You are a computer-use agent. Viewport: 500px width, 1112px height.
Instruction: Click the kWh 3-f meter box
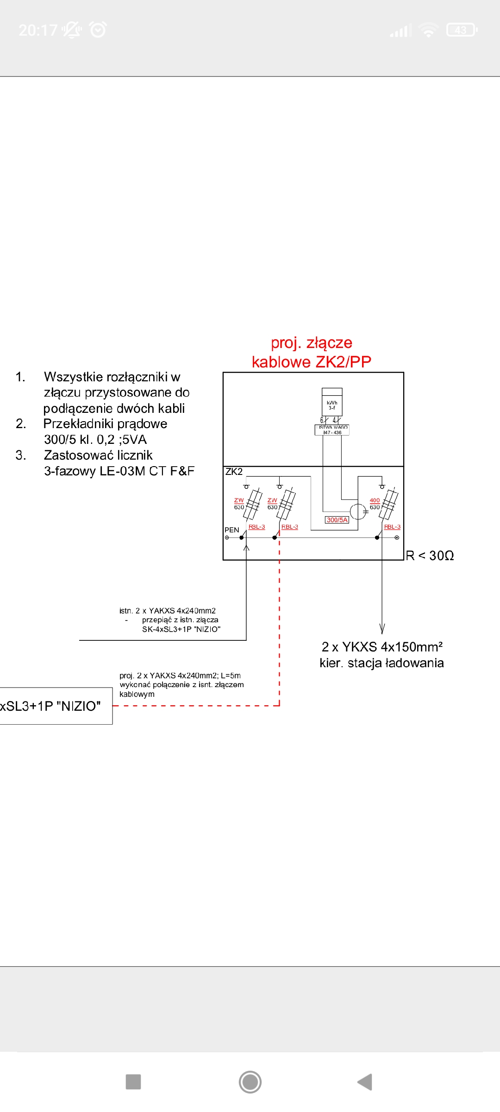pyautogui.click(x=332, y=402)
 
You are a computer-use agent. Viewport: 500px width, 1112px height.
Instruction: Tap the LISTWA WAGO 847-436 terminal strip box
pyautogui.click(x=332, y=430)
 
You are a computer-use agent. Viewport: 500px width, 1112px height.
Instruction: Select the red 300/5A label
pyautogui.click(x=337, y=520)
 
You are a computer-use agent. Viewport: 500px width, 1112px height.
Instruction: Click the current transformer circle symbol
pyautogui.click(x=358, y=512)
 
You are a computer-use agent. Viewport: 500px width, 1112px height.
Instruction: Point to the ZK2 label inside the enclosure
pyautogui.click(x=234, y=472)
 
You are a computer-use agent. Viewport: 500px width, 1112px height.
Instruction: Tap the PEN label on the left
pyautogui.click(x=231, y=530)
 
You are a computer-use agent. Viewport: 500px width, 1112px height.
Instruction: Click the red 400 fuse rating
pyautogui.click(x=375, y=500)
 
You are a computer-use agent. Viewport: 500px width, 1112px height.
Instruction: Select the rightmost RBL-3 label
pyautogui.click(x=392, y=527)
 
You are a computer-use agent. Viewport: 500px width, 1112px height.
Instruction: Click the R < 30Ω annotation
pyautogui.click(x=430, y=556)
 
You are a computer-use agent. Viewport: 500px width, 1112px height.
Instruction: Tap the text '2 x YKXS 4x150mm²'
pyautogui.click(x=382, y=647)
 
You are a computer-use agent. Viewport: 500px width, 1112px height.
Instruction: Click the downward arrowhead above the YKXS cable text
pyautogui.click(x=382, y=629)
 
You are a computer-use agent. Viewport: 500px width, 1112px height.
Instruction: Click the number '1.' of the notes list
pyautogui.click(x=20, y=377)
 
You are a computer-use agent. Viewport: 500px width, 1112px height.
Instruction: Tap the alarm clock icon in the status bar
pyautogui.click(x=98, y=30)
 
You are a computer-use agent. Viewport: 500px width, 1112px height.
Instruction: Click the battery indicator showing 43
pyautogui.click(x=461, y=30)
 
